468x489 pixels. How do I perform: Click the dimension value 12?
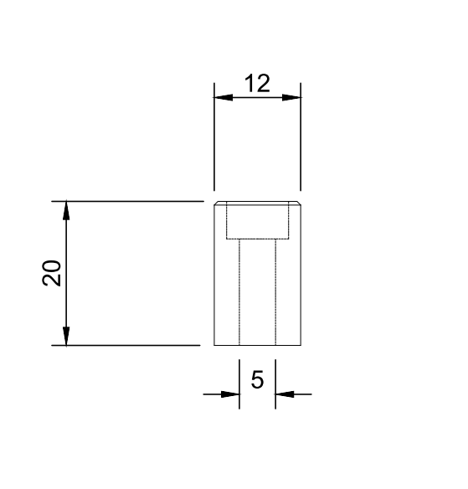pyautogui.click(x=257, y=84)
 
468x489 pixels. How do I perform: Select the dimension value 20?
pyautogui.click(x=52, y=273)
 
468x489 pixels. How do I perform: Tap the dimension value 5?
pyautogui.click(x=257, y=380)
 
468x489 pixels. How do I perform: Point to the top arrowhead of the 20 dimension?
pyautogui.click(x=66, y=210)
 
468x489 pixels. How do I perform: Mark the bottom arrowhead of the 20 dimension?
pyautogui.click(x=66, y=336)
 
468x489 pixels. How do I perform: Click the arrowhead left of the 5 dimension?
pyautogui.click(x=231, y=394)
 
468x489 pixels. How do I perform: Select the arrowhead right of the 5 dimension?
pyautogui.click(x=284, y=394)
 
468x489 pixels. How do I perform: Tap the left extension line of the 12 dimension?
pyautogui.click(x=214, y=142)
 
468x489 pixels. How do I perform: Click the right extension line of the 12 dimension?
pyautogui.click(x=301, y=142)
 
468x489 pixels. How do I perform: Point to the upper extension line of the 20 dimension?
pyautogui.click(x=134, y=201)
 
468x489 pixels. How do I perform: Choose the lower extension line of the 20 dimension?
pyautogui.click(x=134, y=345)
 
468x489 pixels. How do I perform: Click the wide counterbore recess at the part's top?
pyautogui.click(x=257, y=222)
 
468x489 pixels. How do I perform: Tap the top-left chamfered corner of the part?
pyautogui.click(x=216, y=203)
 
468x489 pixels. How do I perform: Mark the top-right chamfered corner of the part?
pyautogui.click(x=299, y=203)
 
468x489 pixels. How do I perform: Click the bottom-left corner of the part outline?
pyautogui.click(x=214, y=345)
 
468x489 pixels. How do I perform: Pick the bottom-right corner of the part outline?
pyautogui.click(x=301, y=345)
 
